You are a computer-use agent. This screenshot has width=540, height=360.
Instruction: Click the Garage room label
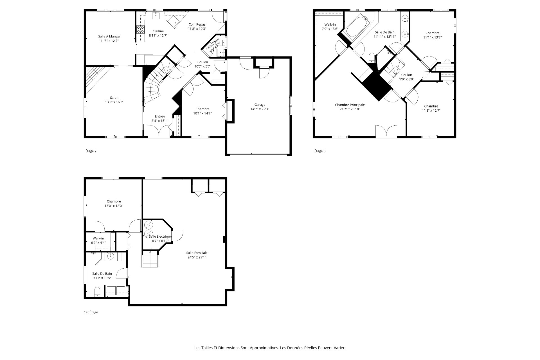[260, 105]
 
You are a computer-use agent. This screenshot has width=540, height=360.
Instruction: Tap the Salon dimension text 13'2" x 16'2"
[114, 102]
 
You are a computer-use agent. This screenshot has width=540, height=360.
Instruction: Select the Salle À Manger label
[109, 36]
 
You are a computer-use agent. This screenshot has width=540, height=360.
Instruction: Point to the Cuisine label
[158, 31]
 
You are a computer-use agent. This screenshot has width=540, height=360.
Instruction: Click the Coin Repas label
[197, 24]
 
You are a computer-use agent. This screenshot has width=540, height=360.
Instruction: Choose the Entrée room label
[160, 116]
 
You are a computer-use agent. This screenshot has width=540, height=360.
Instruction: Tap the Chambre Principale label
[350, 105]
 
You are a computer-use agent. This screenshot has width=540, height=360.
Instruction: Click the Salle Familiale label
[197, 253]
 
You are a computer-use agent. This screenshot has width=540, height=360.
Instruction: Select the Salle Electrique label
[160, 237]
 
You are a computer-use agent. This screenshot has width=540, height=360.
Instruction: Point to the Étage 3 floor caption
[320, 151]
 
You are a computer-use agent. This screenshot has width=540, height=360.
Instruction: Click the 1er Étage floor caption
[91, 312]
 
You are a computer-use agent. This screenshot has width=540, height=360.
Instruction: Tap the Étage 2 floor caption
[91, 151]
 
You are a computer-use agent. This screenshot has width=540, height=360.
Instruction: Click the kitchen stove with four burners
[141, 29]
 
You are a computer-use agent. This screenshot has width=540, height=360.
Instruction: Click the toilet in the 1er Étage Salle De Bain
[97, 292]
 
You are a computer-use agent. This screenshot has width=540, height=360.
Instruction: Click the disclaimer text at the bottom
[270, 348]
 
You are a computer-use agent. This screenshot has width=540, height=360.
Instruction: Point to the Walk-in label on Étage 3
[330, 24]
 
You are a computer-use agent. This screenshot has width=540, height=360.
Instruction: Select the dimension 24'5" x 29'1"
[197, 257]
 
